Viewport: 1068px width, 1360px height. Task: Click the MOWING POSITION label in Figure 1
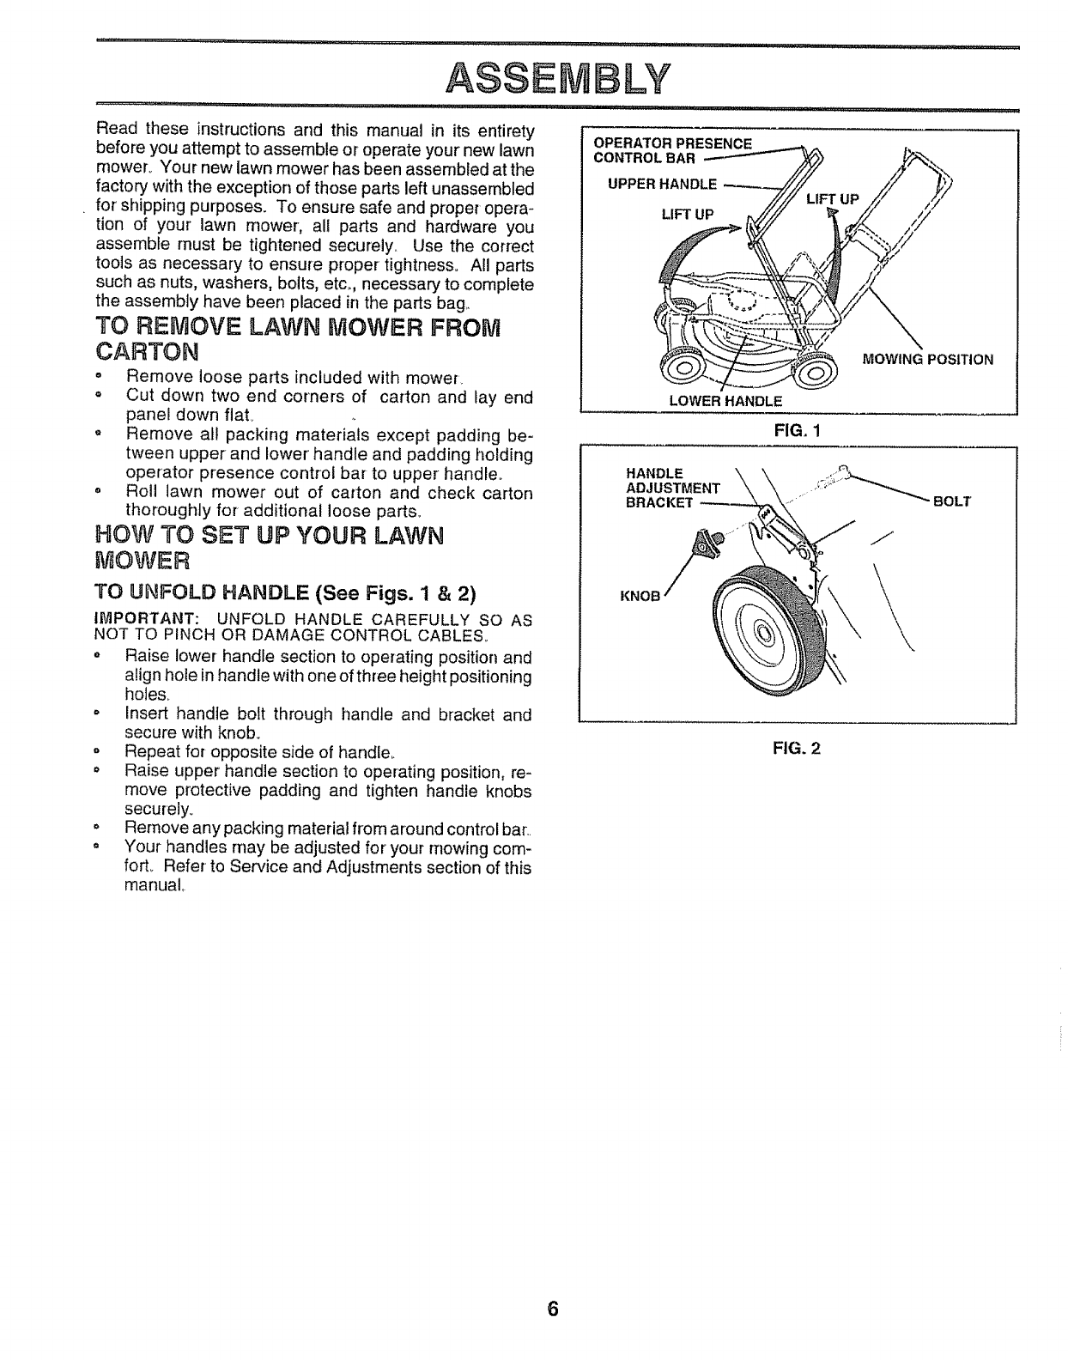[927, 360]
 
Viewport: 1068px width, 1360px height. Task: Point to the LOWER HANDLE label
[725, 401]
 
